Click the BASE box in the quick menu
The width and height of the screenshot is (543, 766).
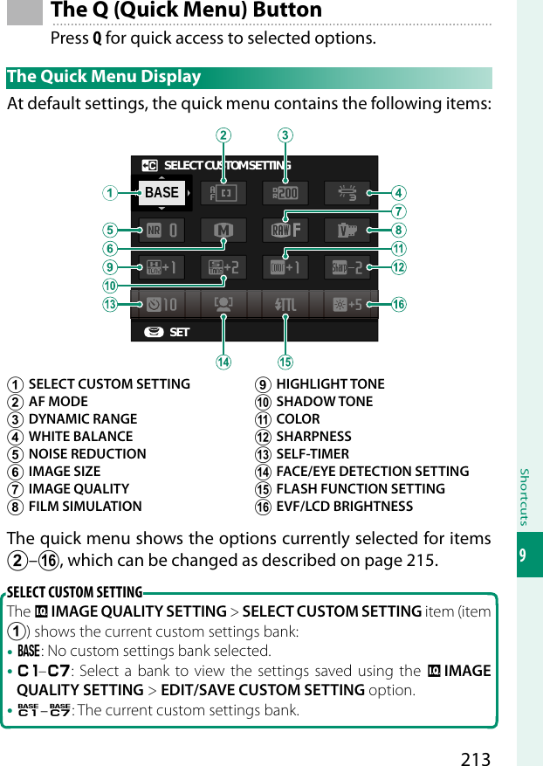162,193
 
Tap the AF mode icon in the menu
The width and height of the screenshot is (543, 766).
223,193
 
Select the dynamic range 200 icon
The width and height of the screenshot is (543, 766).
285,193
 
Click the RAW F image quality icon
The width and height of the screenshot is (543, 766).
285,231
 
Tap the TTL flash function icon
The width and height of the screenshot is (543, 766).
285,305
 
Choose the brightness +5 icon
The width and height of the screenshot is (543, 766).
347,305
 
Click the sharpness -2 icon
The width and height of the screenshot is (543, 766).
347,267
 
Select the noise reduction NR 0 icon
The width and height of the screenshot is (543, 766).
162,231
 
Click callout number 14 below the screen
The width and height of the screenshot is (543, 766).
224,362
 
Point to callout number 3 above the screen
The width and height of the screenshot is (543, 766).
285,135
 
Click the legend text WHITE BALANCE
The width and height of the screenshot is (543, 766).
80,437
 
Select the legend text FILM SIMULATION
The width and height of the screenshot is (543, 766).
85,507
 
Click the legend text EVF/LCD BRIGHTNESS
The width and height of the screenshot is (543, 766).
344,507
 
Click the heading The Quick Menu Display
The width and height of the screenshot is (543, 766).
104,77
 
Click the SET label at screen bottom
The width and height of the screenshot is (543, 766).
179,333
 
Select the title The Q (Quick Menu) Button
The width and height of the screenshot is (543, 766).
187,10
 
